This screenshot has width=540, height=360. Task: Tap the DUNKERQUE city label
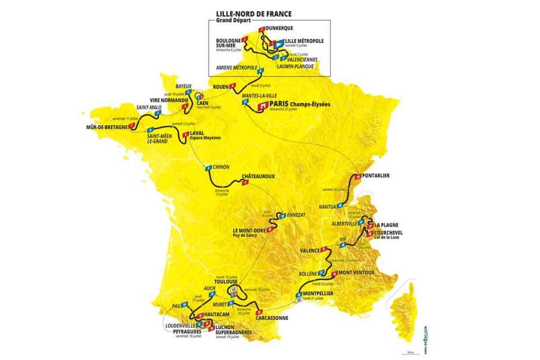[x=279, y=28]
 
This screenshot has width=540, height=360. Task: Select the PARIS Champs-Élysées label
[x=299, y=104]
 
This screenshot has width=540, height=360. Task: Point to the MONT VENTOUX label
[x=356, y=273]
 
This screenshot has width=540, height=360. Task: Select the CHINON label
[x=221, y=167]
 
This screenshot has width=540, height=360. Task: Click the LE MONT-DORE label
[x=249, y=230]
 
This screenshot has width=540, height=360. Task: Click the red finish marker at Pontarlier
[x=358, y=176]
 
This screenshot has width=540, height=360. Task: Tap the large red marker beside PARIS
[x=261, y=106]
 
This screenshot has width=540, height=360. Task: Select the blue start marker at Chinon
[x=208, y=168]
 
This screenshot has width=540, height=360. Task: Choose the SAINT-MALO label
[x=149, y=107]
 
